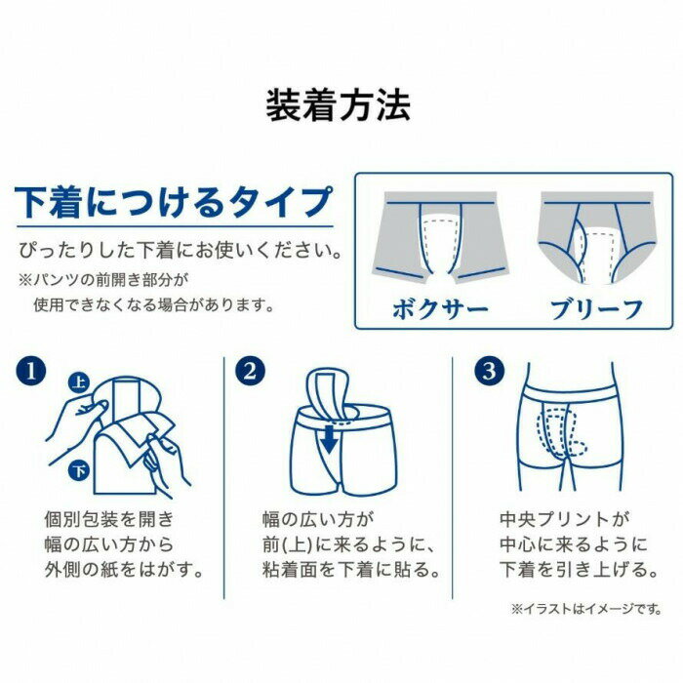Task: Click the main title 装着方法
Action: [x=338, y=105]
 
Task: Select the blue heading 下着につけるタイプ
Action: [x=174, y=202]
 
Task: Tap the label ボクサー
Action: [x=440, y=309]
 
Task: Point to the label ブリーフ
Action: [x=596, y=309]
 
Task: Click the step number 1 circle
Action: [x=30, y=372]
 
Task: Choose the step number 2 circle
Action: [x=250, y=372]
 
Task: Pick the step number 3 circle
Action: [x=489, y=372]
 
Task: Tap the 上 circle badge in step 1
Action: [x=79, y=382]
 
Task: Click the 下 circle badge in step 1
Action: [x=79, y=471]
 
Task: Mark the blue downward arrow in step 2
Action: [x=330, y=439]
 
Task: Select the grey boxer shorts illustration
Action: [x=440, y=237]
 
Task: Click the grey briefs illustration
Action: [x=597, y=237]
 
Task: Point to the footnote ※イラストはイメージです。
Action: [x=586, y=609]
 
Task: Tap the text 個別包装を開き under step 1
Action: [x=109, y=519]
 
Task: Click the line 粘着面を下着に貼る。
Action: [x=351, y=570]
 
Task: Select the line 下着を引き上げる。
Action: [x=579, y=570]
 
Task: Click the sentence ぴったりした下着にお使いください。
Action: [x=180, y=251]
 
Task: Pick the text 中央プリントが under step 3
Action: [x=565, y=519]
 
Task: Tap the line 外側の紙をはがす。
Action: [x=124, y=570]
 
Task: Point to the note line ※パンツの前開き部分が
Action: [x=103, y=280]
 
